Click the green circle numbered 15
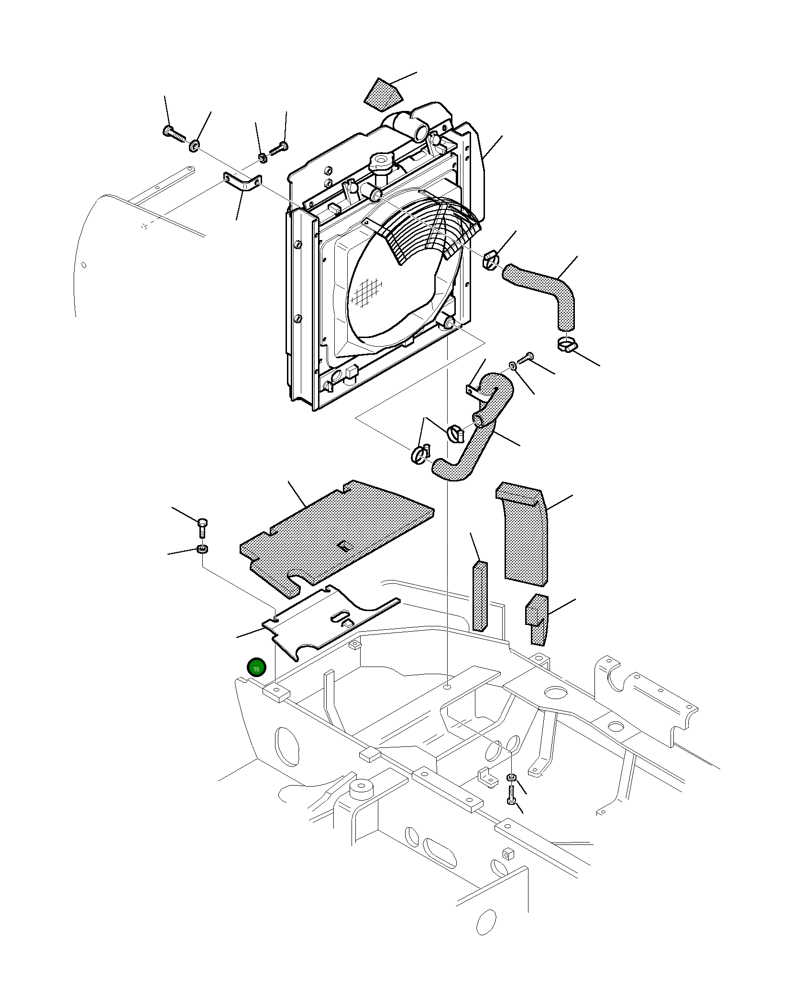256,668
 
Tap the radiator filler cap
381,163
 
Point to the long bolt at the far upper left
174,134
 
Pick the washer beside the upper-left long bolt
194,145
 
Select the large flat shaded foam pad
337,538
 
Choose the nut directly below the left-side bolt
202,549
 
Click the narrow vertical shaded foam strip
480,596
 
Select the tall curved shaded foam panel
523,533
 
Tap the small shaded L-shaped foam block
537,619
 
